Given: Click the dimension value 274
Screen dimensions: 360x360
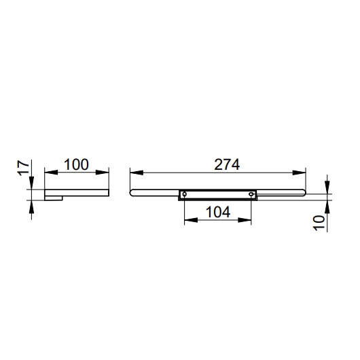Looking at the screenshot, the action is pos(227,164).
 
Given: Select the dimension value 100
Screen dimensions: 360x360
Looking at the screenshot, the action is pos(76,164).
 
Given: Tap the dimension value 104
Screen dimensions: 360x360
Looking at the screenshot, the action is pos(218,212).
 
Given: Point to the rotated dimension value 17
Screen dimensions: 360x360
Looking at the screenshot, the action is pos(23,168).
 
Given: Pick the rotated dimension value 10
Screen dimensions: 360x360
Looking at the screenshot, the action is pos(319,223).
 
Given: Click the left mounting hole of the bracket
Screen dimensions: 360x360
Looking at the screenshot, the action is pos(184,194).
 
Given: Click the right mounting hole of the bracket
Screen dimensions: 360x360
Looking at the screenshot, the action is pos(251,194).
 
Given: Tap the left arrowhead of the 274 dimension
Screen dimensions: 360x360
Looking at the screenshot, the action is pos(137,173).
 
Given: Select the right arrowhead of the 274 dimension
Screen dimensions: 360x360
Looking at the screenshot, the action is pos(299,173).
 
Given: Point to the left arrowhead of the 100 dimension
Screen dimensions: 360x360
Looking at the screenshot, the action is pos(51,173).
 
